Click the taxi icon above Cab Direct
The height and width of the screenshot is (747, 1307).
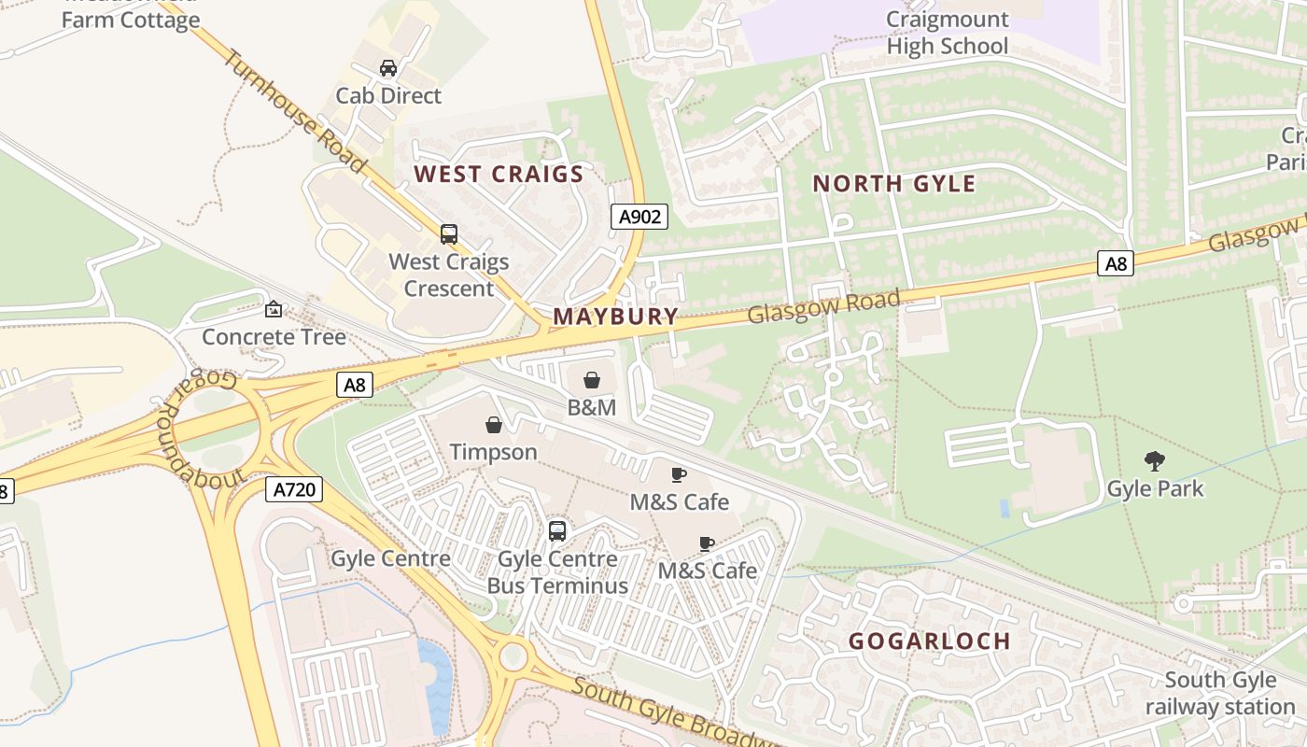click(x=388, y=68)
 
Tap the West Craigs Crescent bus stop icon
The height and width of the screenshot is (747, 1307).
click(x=449, y=234)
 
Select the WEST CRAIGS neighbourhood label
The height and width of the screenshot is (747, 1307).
click(x=499, y=174)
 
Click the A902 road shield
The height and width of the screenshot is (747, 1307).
click(x=639, y=217)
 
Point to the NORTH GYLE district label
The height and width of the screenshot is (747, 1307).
click(x=893, y=183)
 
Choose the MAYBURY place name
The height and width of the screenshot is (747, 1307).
click(x=615, y=316)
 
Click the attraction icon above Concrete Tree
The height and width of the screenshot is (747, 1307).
click(x=274, y=309)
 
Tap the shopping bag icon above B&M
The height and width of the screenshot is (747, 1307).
click(x=591, y=380)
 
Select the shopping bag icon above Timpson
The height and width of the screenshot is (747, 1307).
click(x=494, y=426)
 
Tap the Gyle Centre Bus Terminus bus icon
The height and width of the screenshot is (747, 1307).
click(x=557, y=531)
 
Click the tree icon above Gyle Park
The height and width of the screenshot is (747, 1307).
click(x=1155, y=460)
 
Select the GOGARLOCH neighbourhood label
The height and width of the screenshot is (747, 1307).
click(x=929, y=641)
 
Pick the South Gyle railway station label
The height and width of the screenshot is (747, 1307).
click(x=1220, y=694)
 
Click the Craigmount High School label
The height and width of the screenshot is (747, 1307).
click(x=947, y=33)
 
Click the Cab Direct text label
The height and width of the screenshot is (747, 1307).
click(x=388, y=95)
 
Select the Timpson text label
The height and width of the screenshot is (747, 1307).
click(x=493, y=452)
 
